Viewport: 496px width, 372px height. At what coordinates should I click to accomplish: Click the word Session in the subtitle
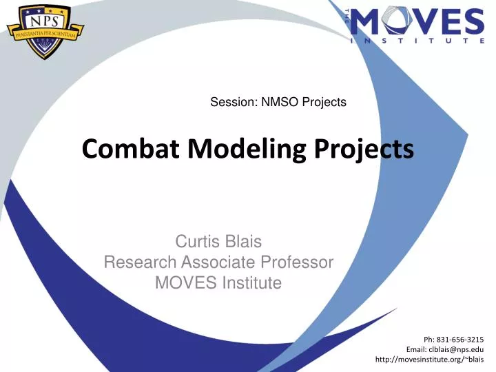point(232,103)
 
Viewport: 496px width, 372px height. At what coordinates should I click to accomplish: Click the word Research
point(140,262)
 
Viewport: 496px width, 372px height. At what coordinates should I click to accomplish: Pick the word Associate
point(220,262)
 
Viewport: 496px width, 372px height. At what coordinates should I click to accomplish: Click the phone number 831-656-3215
point(460,339)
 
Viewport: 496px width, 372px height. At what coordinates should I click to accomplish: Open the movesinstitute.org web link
point(429,360)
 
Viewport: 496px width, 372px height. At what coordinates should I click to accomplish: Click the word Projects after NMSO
point(325,103)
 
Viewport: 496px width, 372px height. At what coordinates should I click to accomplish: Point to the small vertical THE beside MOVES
point(347,16)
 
